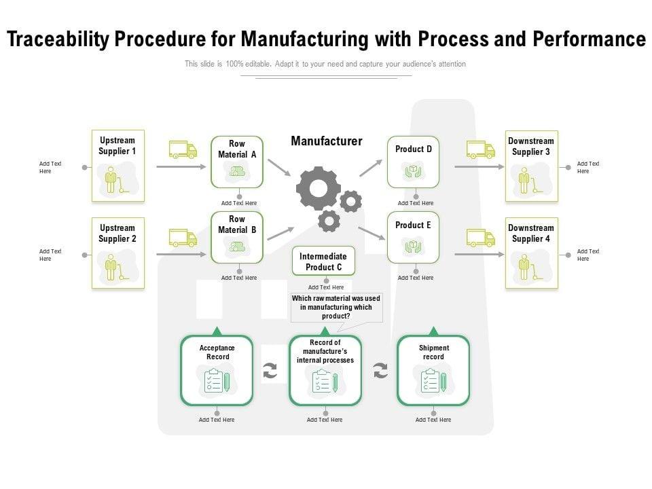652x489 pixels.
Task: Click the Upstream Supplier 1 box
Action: (x=118, y=166)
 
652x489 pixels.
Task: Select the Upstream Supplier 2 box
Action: (x=118, y=253)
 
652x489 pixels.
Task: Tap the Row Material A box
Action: (x=237, y=162)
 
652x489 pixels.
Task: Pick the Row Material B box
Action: (x=237, y=238)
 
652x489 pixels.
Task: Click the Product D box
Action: (x=413, y=162)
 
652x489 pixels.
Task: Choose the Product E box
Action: (x=413, y=237)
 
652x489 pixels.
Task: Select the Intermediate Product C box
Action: (x=323, y=261)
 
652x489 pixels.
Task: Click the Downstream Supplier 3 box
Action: (x=531, y=166)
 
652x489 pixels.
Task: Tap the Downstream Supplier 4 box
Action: (x=531, y=253)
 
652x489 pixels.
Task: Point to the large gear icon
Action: (x=318, y=187)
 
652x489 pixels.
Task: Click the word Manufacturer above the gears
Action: (x=327, y=141)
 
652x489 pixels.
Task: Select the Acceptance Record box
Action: (x=217, y=370)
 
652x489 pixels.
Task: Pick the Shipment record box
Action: (x=433, y=370)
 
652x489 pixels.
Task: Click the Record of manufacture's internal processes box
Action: (x=325, y=370)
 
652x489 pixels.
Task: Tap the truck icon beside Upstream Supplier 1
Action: (x=183, y=149)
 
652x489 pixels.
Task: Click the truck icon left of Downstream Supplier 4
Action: (x=480, y=238)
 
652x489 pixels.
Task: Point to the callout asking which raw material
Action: (x=336, y=307)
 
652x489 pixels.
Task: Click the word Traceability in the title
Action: (x=57, y=39)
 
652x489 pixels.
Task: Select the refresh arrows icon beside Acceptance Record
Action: (x=270, y=371)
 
